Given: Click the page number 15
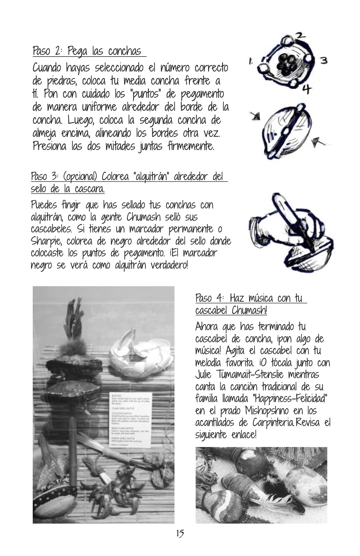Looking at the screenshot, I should click(x=180, y=533).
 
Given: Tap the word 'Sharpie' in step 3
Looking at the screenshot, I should click(x=46, y=241).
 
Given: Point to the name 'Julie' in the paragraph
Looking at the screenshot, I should click(x=206, y=375).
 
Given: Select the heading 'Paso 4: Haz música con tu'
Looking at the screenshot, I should click(x=251, y=299).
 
